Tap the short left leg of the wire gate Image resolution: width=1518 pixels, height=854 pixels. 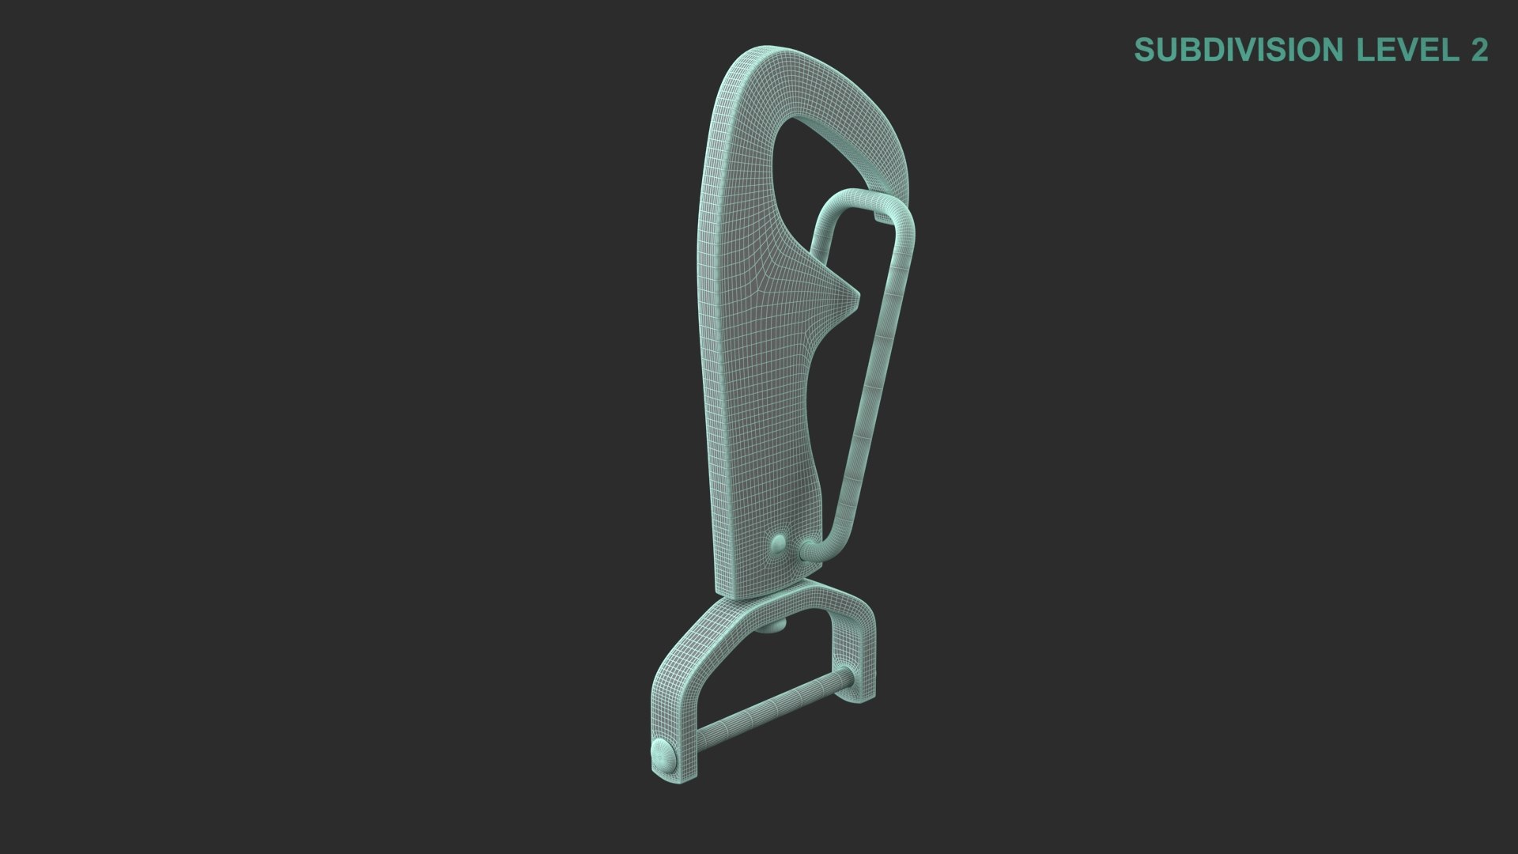[x=818, y=253]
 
